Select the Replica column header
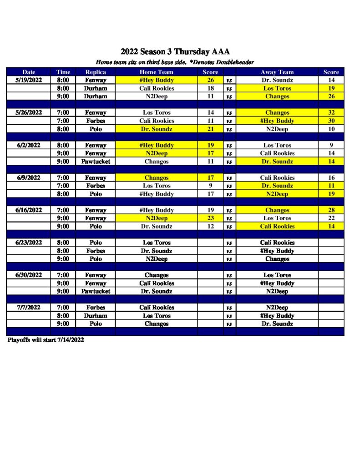[x=96, y=72]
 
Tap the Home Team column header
[x=156, y=72]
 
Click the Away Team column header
[x=277, y=72]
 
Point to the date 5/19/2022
[x=29, y=80]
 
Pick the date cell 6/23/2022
[x=29, y=243]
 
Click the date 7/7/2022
[x=29, y=307]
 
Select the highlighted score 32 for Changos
[x=331, y=112]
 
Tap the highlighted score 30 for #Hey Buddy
[x=331, y=121]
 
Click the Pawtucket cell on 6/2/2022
[x=96, y=162]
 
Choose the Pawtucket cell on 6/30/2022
[x=96, y=291]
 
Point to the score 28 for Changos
[x=331, y=210]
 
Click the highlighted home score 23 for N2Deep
[x=210, y=218]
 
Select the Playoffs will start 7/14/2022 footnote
[x=46, y=340]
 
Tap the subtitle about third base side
[x=175, y=62]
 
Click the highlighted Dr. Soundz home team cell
[x=156, y=129]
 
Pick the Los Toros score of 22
[x=331, y=218]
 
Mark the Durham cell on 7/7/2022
[x=96, y=315]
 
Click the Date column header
[x=29, y=72]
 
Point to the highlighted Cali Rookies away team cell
[x=277, y=226]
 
